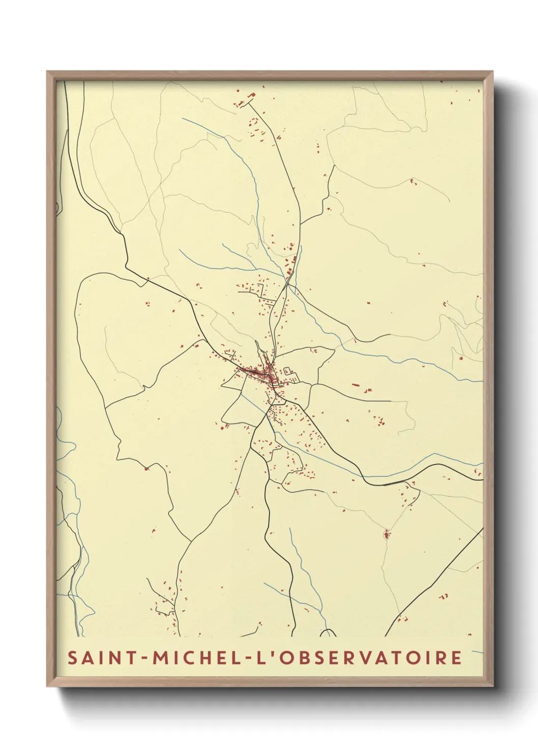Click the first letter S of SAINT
point(73,657)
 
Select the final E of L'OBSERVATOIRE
point(456,657)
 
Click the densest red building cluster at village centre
point(265,375)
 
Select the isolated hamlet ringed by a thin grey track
point(386,534)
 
